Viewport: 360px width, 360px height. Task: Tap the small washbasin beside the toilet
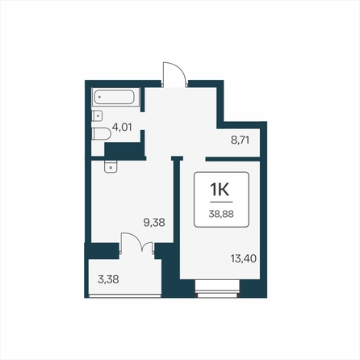pyautogui.click(x=97, y=116)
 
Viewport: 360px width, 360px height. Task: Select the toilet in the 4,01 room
pyautogui.click(x=101, y=134)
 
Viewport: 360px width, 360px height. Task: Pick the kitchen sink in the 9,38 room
pyautogui.click(x=111, y=167)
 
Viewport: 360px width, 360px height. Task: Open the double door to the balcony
pyautogui.click(x=137, y=243)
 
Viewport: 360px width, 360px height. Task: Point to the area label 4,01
pyautogui.click(x=122, y=127)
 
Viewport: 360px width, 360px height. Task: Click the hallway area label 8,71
pyautogui.click(x=241, y=140)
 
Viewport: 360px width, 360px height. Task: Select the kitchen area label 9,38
pyautogui.click(x=154, y=223)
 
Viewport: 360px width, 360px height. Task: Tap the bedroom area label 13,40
pyautogui.click(x=244, y=258)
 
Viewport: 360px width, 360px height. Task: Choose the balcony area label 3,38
pyautogui.click(x=108, y=279)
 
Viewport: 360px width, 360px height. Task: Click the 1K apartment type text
pyautogui.click(x=220, y=190)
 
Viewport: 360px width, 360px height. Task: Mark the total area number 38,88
pyautogui.click(x=221, y=214)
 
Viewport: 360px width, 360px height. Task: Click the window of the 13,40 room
pyautogui.click(x=218, y=289)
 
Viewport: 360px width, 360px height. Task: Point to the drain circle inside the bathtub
pyautogui.click(x=99, y=97)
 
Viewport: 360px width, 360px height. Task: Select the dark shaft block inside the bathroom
pyautogui.click(x=123, y=149)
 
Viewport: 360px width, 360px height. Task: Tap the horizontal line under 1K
pyautogui.click(x=221, y=202)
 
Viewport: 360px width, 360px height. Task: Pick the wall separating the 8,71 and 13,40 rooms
pyautogui.click(x=233, y=159)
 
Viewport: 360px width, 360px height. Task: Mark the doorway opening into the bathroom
pyautogui.click(x=143, y=121)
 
